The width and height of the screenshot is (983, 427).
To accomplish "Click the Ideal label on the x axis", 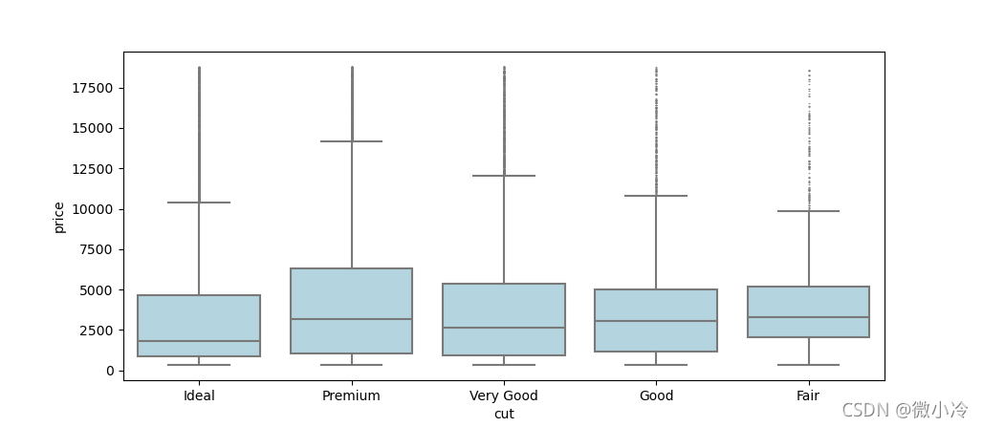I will point(199,395).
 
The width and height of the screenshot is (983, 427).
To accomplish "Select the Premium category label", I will point(351,395).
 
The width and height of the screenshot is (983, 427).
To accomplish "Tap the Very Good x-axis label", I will point(504,395).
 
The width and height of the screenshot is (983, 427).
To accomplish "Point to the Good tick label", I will point(656,395).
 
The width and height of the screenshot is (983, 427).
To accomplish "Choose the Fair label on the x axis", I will point(808,395).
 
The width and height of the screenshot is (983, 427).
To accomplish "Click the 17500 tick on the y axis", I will point(94,89).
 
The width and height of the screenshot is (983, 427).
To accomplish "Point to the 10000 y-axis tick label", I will point(94,209).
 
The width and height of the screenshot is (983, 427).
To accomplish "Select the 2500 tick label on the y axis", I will point(98,331).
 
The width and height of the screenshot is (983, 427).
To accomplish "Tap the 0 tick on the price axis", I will point(110,371).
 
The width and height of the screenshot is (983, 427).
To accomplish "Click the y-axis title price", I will point(59,217).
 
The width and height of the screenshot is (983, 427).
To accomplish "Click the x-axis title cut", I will point(504,414).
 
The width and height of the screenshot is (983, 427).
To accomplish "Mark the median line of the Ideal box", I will point(199,341).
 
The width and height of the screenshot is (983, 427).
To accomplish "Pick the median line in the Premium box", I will point(351,319).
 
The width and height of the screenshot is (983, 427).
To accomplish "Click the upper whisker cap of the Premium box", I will point(351,141).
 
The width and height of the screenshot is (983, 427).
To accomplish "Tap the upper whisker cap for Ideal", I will point(199,203).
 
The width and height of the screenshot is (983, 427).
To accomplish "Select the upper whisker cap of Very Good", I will point(504,176).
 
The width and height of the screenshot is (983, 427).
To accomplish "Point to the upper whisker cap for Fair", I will point(808,211).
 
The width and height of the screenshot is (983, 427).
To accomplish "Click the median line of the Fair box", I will point(808,317).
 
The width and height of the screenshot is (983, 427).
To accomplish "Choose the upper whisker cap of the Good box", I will point(656,196).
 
